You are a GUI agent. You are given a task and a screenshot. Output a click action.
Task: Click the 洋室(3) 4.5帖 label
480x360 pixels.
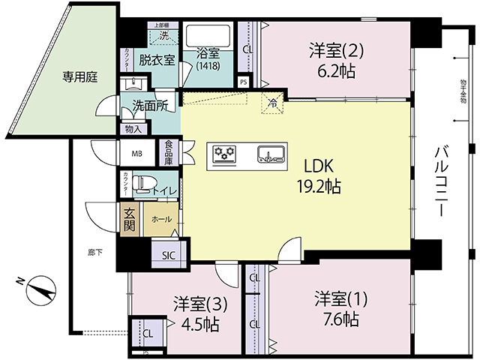196,314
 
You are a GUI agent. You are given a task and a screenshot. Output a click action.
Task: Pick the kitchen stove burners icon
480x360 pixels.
224,154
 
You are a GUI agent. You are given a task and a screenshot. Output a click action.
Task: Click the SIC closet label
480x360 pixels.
168,254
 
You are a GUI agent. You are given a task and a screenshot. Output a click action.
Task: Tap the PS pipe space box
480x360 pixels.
243,82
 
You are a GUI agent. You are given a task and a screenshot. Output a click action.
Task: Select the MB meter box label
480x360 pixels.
136,154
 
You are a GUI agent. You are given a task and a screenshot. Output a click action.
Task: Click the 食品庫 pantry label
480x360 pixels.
169,152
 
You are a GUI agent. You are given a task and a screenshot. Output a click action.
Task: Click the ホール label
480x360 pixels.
160,219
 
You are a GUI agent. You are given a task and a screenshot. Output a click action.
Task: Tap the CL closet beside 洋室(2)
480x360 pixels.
247,49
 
